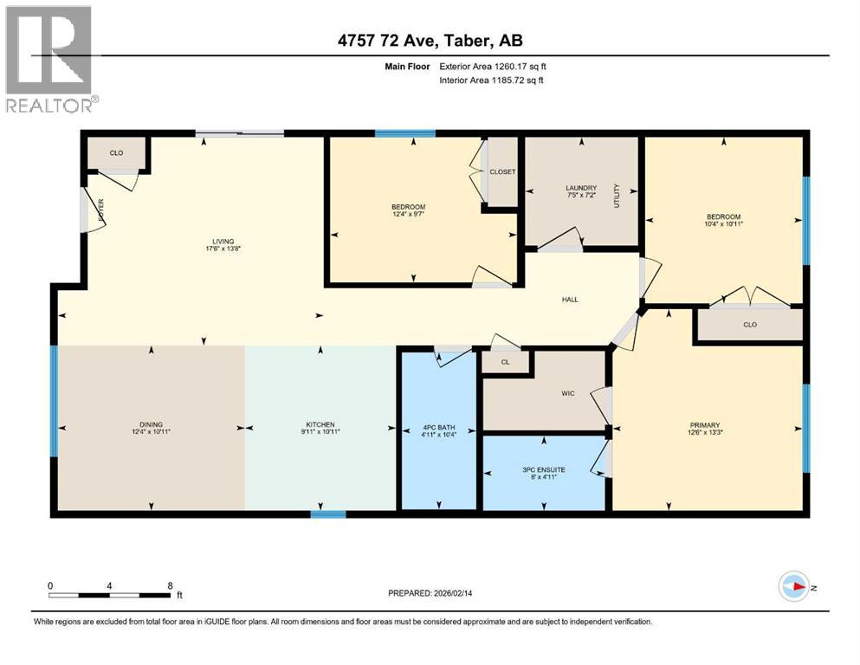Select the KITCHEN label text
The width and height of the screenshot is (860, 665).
[x=320, y=424]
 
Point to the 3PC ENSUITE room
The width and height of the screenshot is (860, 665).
[x=543, y=470]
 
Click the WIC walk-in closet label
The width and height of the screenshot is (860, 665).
[x=568, y=393]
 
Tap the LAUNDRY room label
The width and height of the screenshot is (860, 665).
[x=581, y=188]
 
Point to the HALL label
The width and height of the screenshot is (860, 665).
[x=569, y=300]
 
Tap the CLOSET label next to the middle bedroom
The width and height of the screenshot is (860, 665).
[x=502, y=171]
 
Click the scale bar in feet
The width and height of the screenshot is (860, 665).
[x=109, y=594]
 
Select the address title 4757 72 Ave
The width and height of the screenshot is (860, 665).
[x=430, y=40]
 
